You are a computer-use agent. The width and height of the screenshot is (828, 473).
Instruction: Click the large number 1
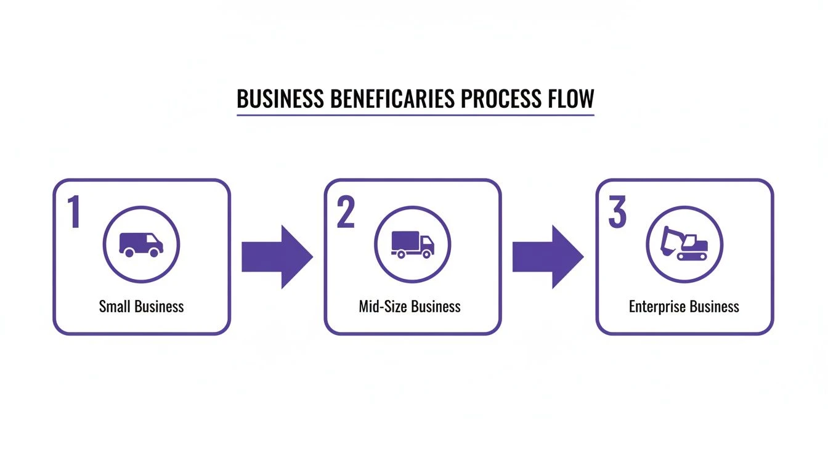(75, 212)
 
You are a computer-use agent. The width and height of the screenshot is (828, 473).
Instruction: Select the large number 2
(346, 212)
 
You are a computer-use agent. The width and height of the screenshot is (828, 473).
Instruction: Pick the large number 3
(617, 212)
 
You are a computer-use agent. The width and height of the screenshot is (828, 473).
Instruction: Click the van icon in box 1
(141, 245)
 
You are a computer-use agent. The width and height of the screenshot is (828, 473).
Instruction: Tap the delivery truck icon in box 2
(413, 245)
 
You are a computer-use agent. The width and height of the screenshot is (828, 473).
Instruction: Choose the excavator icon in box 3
(684, 245)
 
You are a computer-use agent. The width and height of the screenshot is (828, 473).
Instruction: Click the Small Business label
(141, 306)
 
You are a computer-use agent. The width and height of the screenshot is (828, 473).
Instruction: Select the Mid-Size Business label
(410, 306)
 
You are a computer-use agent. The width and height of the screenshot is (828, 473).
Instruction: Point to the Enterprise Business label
(684, 306)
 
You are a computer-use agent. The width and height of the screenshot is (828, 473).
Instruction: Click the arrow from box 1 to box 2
(277, 257)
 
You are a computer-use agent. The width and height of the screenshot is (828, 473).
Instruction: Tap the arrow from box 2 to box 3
(548, 257)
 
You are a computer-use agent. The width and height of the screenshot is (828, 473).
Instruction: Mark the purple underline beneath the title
(415, 115)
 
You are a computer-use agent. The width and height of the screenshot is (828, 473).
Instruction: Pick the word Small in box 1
(115, 306)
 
